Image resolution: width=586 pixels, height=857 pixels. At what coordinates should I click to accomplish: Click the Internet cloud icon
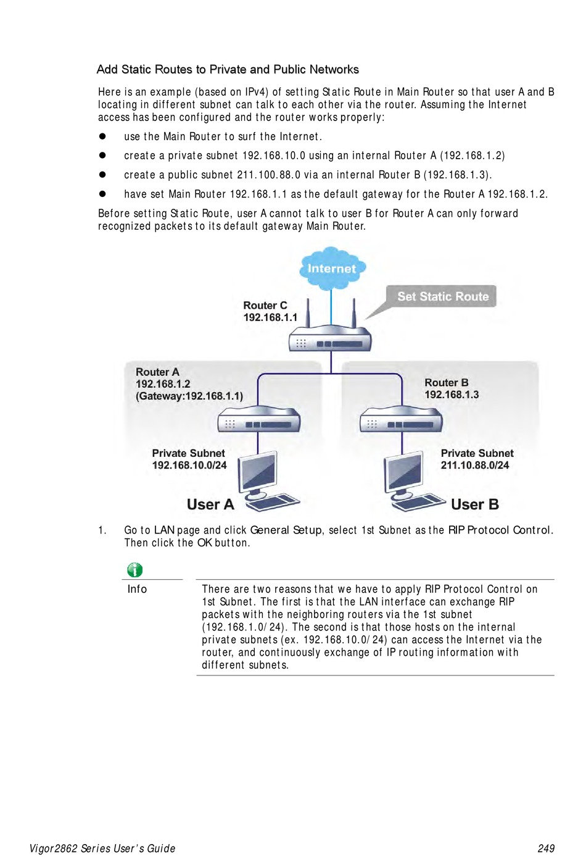332,268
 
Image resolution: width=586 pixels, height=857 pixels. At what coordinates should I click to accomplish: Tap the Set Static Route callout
442,296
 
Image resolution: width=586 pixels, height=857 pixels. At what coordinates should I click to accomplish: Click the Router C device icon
331,340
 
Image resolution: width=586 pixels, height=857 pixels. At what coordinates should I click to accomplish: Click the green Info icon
134,570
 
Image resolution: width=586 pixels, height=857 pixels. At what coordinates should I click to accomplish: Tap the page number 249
546,848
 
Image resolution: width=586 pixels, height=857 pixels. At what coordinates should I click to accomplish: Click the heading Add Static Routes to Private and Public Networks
228,70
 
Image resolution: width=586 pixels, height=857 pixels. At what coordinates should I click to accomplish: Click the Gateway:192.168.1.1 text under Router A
189,396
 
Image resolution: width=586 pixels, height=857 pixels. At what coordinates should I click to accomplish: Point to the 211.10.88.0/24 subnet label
474,465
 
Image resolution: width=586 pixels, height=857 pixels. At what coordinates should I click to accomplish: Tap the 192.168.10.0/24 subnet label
189,465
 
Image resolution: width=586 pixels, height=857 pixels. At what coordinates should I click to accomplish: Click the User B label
474,504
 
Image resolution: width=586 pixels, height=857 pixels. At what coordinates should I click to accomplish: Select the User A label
210,504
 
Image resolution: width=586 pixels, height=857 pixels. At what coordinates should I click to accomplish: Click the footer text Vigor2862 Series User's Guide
102,848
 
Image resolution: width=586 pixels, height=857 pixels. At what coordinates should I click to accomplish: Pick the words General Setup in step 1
286,530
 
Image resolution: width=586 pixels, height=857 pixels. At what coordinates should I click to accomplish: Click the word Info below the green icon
137,589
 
